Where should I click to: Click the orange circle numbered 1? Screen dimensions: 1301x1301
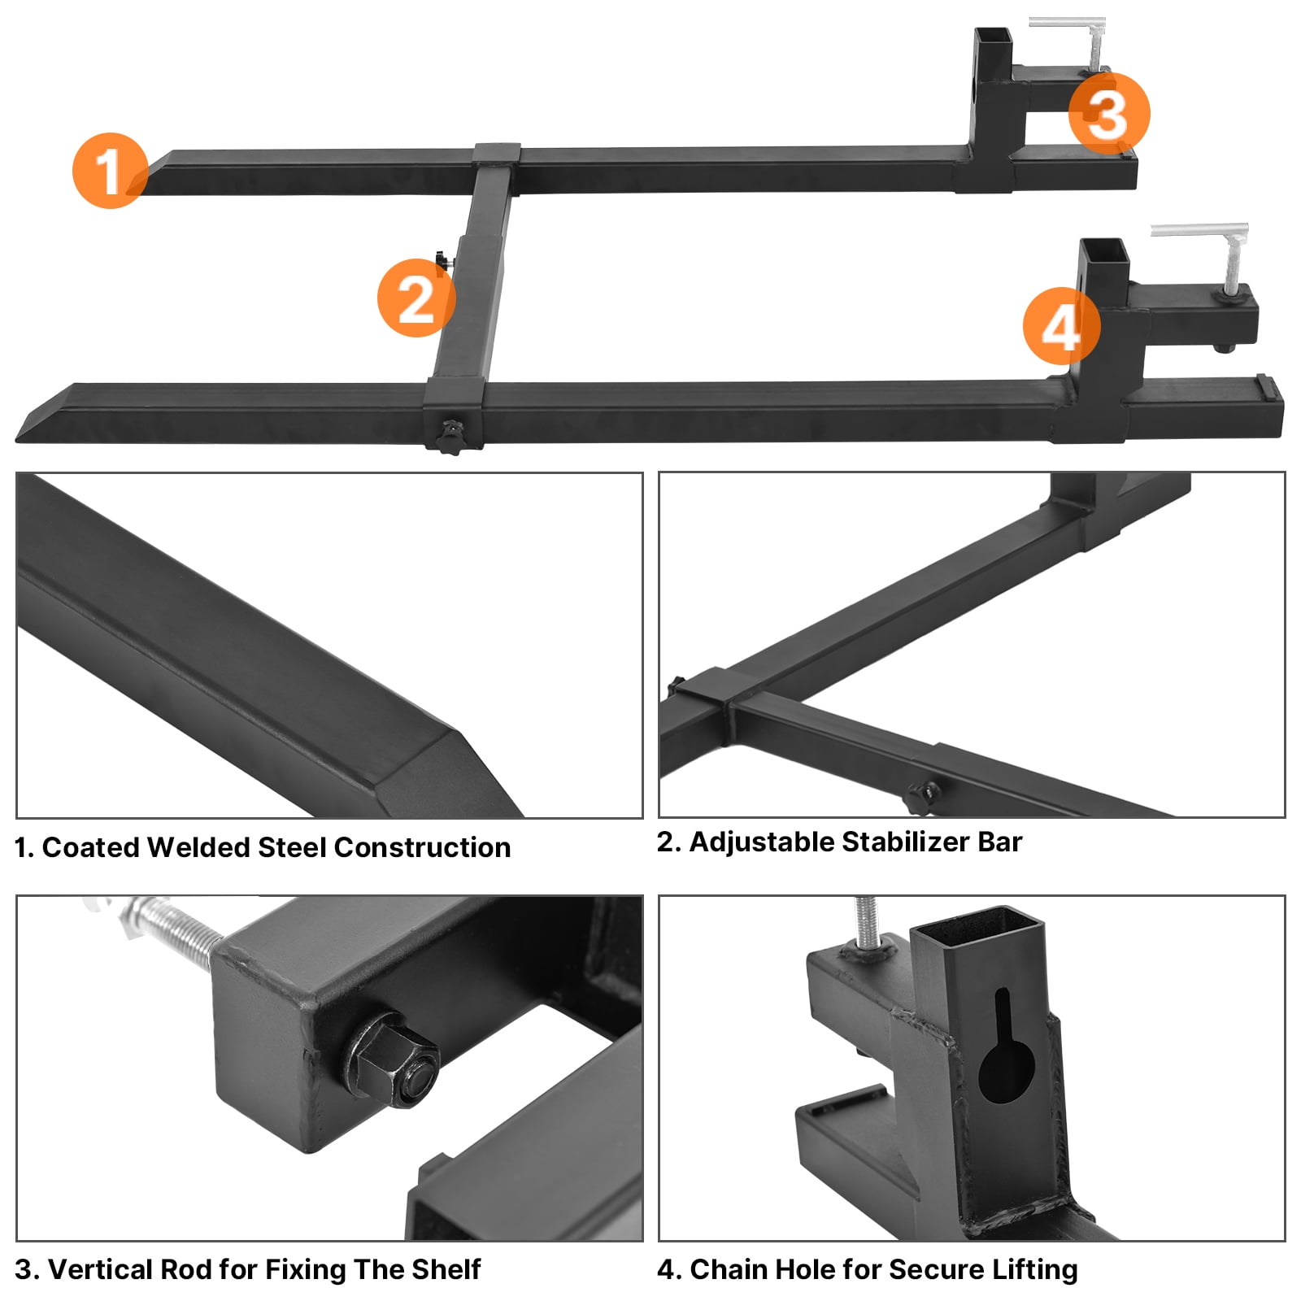[110, 171]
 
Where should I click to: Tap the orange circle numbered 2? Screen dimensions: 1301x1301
[416, 298]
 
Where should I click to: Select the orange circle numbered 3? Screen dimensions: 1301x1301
[1108, 113]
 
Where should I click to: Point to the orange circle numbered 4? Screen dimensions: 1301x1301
[1061, 326]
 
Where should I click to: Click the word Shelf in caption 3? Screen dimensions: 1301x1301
[446, 1269]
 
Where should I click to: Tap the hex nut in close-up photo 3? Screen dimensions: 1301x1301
[393, 1061]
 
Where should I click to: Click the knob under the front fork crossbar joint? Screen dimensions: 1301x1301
[449, 437]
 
